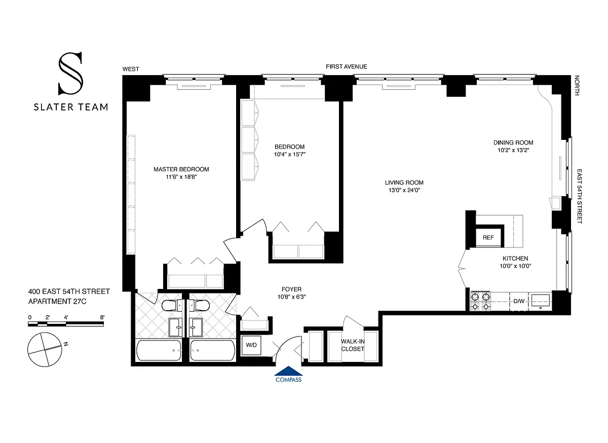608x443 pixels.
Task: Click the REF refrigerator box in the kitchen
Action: point(488,238)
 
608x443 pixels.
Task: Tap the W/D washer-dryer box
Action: point(251,345)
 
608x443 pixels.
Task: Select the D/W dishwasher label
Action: point(519,301)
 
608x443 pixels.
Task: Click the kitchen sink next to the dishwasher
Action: point(541,302)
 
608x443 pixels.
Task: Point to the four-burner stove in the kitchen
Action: point(480,302)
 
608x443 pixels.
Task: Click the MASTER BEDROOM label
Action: point(181,169)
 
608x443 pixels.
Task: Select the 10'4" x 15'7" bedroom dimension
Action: point(290,154)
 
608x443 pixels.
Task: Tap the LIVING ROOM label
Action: point(404,182)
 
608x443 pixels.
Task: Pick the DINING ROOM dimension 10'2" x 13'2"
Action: point(513,150)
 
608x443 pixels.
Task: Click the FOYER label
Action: point(291,289)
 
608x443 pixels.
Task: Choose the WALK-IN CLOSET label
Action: point(353,345)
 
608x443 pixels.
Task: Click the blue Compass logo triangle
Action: point(288,371)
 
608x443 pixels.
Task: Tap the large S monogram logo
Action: point(70,73)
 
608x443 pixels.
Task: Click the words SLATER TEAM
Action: point(71,107)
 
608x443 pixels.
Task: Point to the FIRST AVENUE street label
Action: point(347,66)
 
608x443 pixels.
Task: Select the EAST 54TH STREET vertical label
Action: point(579,196)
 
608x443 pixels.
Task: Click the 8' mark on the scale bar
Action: point(102,317)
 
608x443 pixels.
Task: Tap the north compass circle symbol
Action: point(45,350)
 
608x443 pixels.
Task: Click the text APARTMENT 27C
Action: point(57,302)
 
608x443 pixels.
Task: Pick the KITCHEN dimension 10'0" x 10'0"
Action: point(515,266)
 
